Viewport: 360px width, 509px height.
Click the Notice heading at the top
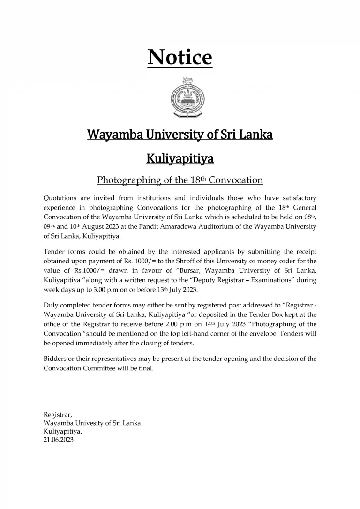pos(180,58)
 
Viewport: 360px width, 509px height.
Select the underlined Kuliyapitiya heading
pos(180,159)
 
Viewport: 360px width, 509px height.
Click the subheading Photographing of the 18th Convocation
pos(180,180)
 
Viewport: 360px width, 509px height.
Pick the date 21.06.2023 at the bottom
pos(59,440)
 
